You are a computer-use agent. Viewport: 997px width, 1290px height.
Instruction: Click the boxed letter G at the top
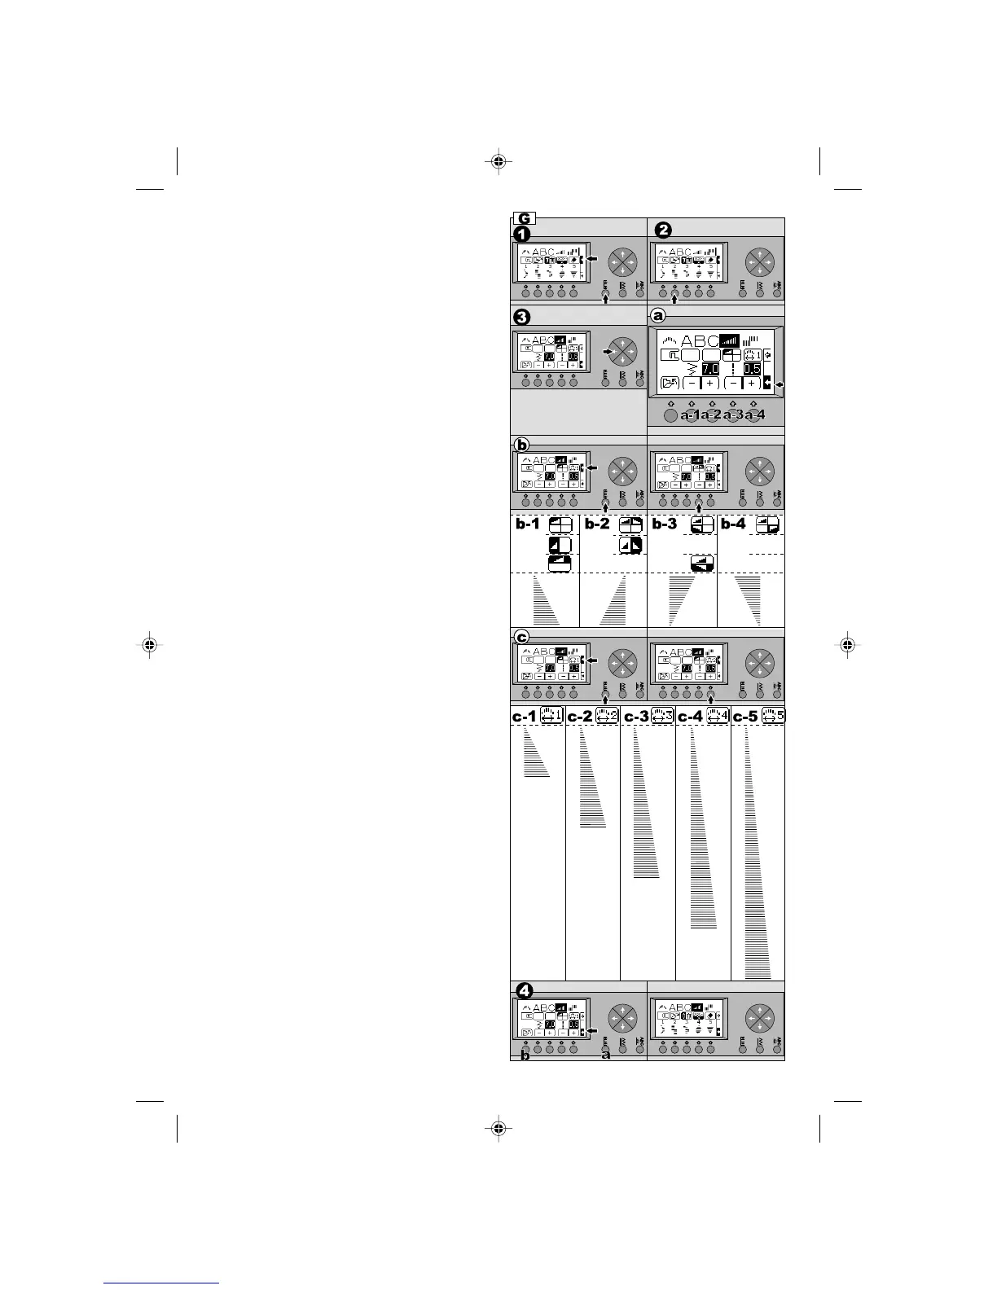tap(524, 218)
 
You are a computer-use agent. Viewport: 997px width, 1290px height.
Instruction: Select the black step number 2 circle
tap(664, 230)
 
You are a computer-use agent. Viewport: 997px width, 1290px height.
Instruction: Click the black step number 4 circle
tap(525, 991)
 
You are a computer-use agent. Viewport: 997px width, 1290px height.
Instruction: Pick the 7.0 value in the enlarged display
tap(710, 369)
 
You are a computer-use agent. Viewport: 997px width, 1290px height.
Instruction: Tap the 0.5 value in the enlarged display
tap(751, 369)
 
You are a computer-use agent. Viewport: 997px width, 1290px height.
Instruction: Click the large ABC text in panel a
tap(701, 342)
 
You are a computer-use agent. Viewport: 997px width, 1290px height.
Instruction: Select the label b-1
tap(527, 524)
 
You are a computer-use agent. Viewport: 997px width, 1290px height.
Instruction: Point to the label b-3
tap(665, 524)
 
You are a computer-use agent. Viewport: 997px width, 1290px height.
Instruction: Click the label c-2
tap(580, 717)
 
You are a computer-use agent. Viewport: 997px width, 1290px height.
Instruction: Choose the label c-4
tap(691, 717)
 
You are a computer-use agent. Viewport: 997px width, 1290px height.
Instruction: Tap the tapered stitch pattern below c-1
tap(534, 753)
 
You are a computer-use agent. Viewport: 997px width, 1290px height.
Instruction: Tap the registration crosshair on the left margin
tap(149, 645)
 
